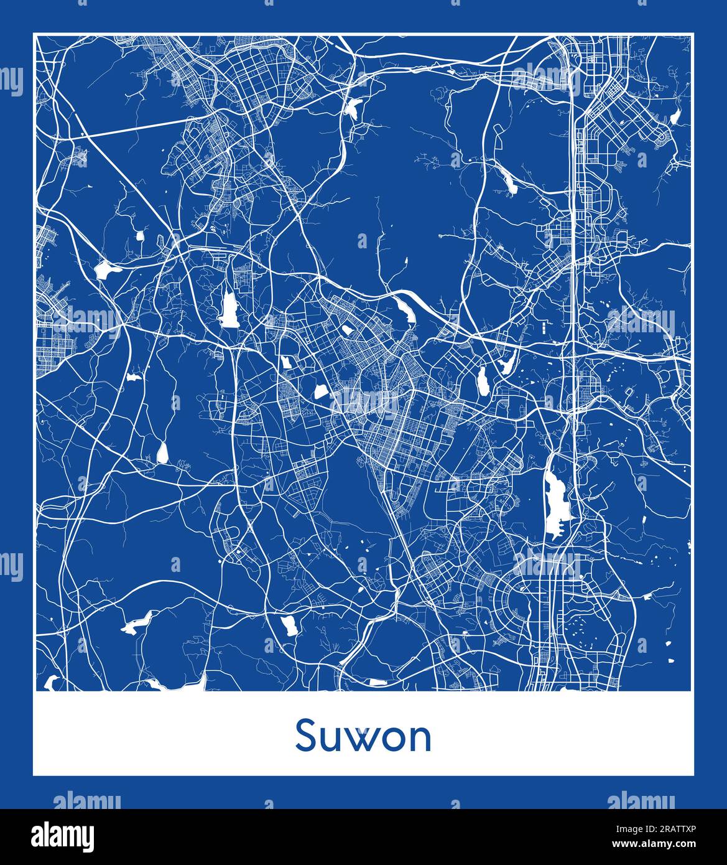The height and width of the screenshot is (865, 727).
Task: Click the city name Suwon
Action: (363, 736)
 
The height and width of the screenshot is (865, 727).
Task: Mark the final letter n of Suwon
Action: (420, 739)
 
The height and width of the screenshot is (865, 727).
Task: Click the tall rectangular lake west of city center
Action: (228, 310)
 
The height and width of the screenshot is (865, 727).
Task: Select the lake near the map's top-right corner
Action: (674, 117)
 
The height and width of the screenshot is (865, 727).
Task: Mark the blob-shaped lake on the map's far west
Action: (103, 269)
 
